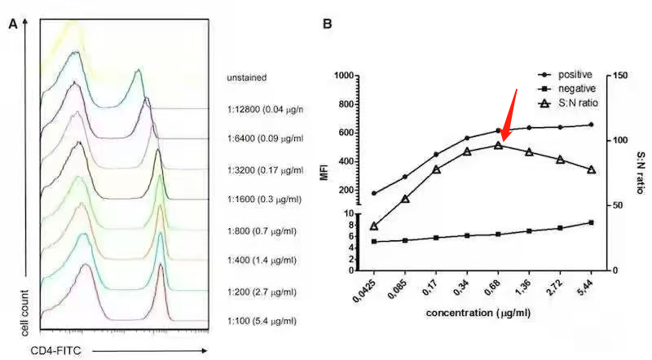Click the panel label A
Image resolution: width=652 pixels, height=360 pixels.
(x=13, y=24)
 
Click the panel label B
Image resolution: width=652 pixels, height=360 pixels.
(x=327, y=24)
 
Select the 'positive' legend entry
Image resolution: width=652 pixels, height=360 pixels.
(x=575, y=74)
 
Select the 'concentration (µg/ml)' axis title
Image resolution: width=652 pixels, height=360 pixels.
(x=480, y=313)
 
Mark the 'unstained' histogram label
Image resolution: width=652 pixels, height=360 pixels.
(x=247, y=77)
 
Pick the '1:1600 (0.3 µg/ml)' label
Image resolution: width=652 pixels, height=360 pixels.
(x=264, y=199)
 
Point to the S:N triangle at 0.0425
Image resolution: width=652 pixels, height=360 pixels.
(x=374, y=226)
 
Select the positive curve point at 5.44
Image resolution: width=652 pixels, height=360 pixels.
(x=591, y=125)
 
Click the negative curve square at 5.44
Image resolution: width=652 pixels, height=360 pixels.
(x=591, y=222)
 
